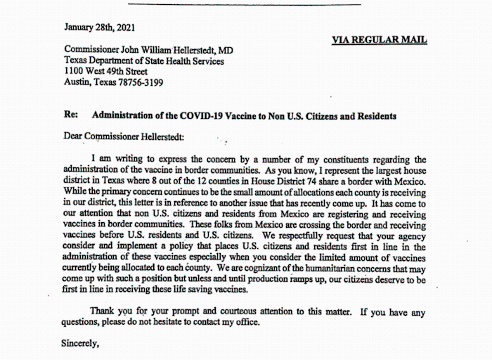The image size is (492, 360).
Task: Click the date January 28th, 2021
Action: point(100,28)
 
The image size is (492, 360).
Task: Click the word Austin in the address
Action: point(79,82)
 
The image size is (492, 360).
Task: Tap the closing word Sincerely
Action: point(80,345)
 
